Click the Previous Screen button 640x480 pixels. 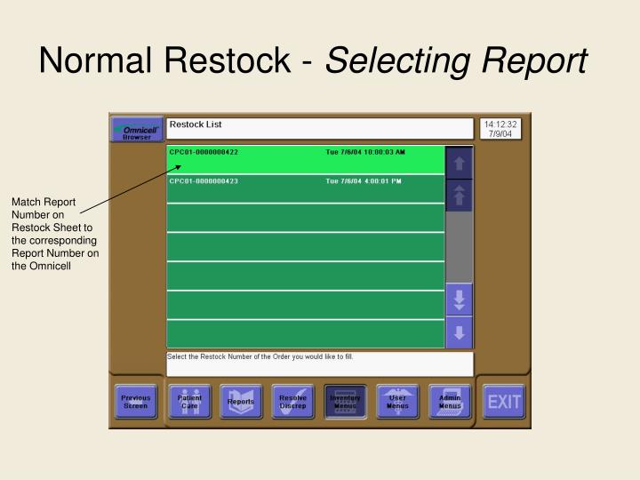(x=136, y=402)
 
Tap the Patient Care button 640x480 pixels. (x=189, y=402)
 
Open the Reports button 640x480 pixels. (x=241, y=402)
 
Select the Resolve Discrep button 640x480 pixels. (x=293, y=402)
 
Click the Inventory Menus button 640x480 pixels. (x=345, y=402)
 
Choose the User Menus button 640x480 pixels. (x=397, y=402)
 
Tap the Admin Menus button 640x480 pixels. (x=450, y=402)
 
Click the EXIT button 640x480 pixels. (x=503, y=402)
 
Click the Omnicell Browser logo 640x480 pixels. (x=137, y=131)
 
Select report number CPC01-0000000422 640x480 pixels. (x=204, y=153)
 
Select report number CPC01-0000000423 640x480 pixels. (x=204, y=181)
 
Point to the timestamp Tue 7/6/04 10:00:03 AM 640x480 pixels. (x=364, y=153)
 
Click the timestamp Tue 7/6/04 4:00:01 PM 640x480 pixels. (x=364, y=181)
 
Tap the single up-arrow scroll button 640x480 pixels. (x=459, y=163)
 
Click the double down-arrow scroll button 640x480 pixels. (x=459, y=300)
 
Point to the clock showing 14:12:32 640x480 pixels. (x=500, y=124)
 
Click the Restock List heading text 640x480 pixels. (x=195, y=125)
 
